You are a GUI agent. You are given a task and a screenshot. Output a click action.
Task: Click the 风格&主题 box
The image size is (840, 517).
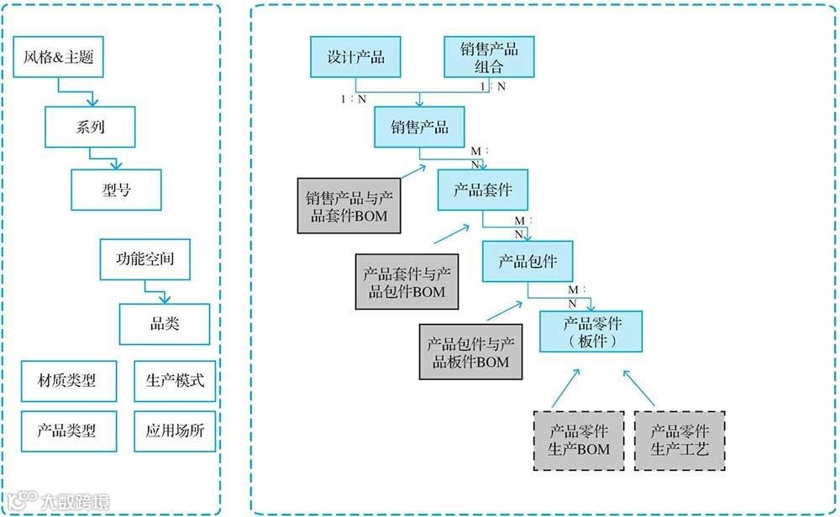click(x=59, y=59)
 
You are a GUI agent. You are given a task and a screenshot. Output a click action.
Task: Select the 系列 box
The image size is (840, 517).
click(x=89, y=128)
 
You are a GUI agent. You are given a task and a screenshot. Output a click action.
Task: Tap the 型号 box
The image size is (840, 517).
click(x=116, y=190)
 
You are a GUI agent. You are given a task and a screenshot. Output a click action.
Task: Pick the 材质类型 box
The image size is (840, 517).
click(x=66, y=380)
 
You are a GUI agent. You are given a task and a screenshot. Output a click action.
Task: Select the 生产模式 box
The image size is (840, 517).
click(x=175, y=380)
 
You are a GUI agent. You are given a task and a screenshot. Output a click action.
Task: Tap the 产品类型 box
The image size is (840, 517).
click(x=66, y=431)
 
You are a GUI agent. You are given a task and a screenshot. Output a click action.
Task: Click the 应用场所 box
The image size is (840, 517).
click(x=175, y=431)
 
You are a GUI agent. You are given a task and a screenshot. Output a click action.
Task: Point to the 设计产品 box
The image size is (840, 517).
click(x=355, y=57)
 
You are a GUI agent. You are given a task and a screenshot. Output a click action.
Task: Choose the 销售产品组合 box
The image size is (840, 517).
click(x=489, y=57)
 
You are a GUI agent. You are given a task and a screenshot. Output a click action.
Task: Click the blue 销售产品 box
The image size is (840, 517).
click(x=419, y=128)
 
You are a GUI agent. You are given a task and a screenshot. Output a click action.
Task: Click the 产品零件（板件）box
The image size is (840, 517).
click(x=591, y=332)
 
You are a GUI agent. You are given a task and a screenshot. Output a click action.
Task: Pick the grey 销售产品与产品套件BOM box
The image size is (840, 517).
click(x=348, y=206)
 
